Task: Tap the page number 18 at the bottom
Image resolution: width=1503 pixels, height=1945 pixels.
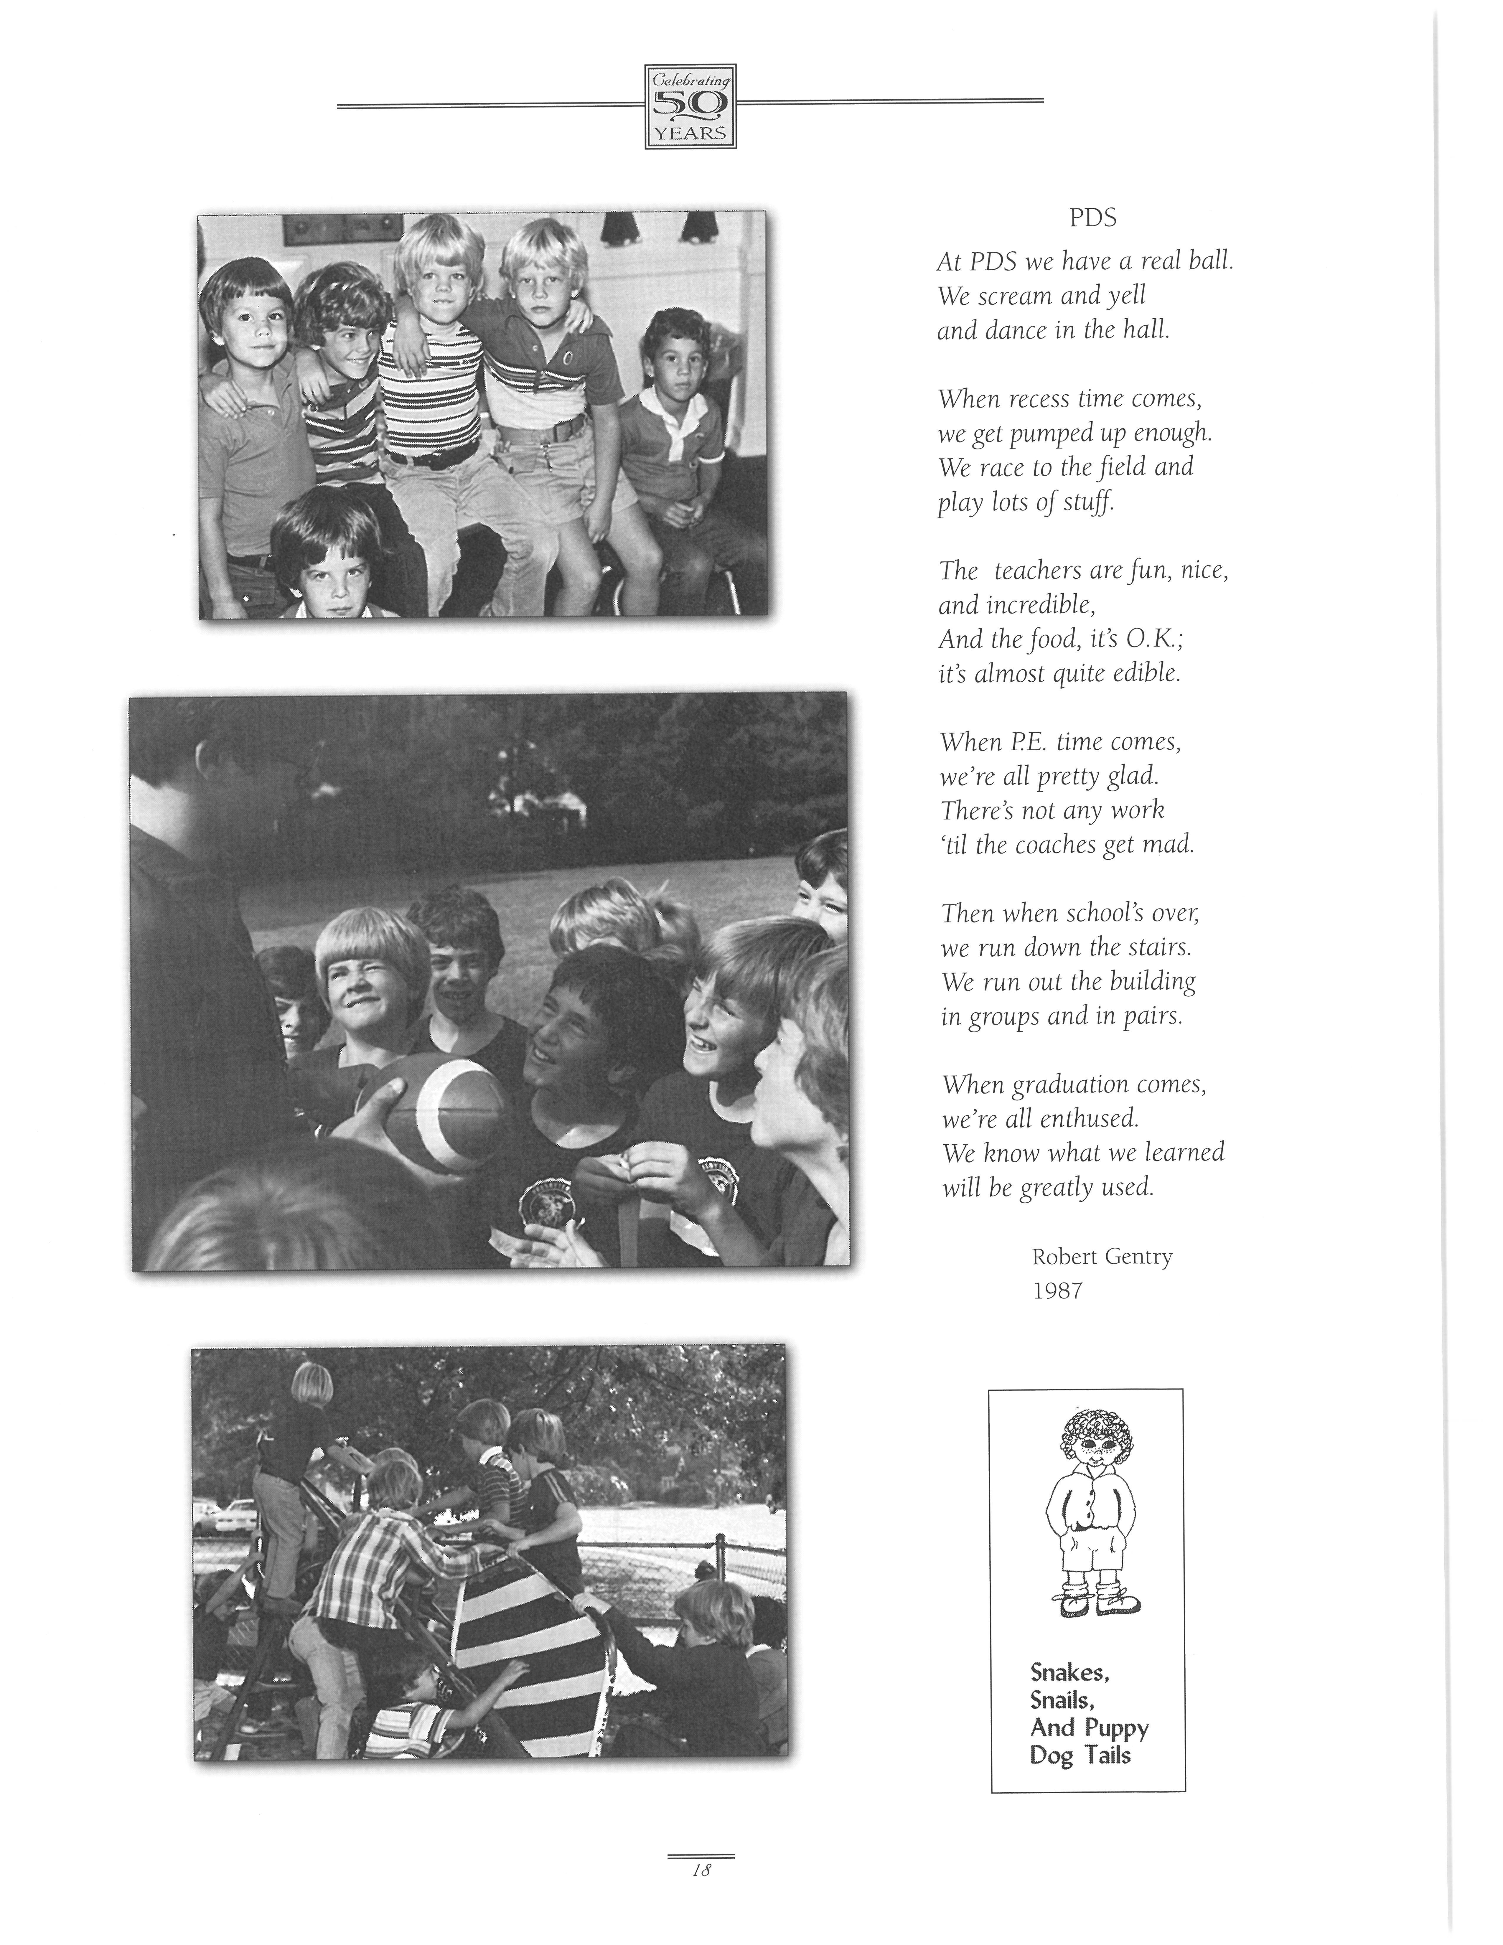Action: (x=701, y=1870)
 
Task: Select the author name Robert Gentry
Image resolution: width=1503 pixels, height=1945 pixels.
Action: (x=1101, y=1257)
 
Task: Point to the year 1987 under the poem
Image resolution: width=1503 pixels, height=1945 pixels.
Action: (x=1057, y=1290)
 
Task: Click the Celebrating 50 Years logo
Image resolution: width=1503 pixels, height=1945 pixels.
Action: (x=690, y=107)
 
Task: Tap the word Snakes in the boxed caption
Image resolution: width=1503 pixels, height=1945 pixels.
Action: (x=1069, y=1672)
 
